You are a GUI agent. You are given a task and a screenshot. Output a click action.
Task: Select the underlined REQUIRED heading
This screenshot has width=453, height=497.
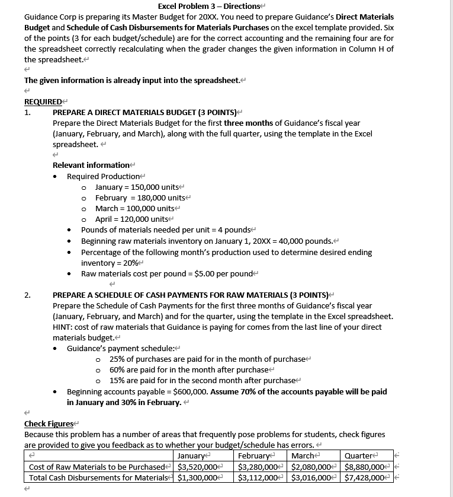(x=43, y=101)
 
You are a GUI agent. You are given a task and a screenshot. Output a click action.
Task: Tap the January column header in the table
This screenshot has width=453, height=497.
(x=191, y=455)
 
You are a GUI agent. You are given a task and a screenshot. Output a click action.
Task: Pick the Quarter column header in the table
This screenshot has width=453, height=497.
(x=359, y=455)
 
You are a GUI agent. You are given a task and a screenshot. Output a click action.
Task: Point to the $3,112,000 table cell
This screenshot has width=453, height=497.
(x=258, y=477)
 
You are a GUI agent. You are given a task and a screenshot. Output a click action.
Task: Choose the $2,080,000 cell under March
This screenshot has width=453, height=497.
(x=311, y=466)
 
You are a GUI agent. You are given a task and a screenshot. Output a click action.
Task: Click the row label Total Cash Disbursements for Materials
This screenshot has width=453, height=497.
(x=98, y=477)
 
